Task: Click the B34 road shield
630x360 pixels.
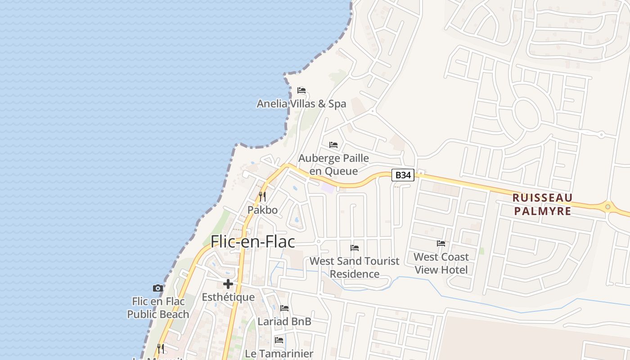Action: (403, 175)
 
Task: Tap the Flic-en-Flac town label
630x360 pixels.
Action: (253, 242)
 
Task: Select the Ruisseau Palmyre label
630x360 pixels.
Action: (542, 204)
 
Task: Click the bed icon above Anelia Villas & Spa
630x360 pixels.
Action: (301, 90)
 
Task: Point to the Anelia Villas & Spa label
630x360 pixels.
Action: (301, 104)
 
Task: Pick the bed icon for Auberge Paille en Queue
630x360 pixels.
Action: (333, 145)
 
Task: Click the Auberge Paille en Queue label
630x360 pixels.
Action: (333, 165)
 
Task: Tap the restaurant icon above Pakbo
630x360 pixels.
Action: (262, 197)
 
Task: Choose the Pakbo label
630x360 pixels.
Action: (262, 210)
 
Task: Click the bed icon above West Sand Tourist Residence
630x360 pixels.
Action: (355, 248)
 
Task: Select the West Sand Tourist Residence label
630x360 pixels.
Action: (355, 267)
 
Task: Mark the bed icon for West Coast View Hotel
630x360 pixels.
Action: (441, 243)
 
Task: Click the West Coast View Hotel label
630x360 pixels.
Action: (441, 263)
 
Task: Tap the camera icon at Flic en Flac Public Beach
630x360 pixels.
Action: (157, 288)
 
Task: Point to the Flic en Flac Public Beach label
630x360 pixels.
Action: (157, 307)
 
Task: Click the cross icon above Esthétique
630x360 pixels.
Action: (228, 284)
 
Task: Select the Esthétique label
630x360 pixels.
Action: (228, 297)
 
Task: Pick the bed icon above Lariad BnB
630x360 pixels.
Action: (284, 308)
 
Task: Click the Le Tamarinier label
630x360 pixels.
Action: (279, 354)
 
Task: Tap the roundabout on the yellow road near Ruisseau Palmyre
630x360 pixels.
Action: (608, 207)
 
